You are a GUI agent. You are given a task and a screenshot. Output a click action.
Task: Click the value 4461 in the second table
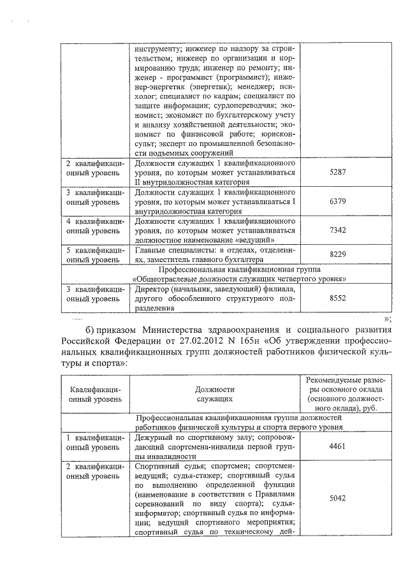[337, 447]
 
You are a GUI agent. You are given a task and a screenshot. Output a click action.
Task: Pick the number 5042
[337, 501]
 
